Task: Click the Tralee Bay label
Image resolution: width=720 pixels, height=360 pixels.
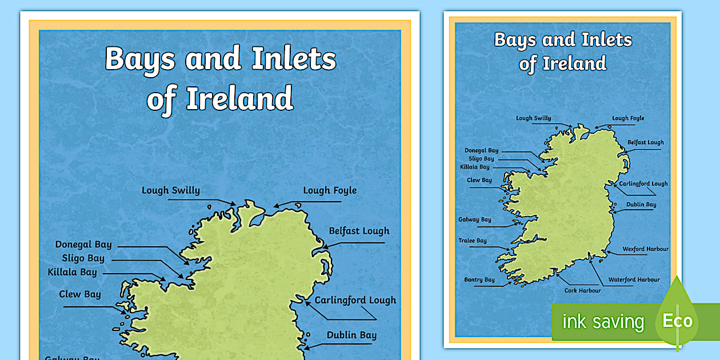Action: tap(473, 241)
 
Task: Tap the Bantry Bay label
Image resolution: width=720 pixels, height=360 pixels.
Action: tap(479, 280)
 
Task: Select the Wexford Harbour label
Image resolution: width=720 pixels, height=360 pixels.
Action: tap(645, 249)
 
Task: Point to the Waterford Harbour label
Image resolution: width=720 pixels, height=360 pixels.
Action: tap(634, 279)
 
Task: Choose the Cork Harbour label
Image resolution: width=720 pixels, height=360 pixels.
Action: tap(582, 290)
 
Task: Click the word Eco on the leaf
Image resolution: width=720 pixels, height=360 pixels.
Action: tap(677, 321)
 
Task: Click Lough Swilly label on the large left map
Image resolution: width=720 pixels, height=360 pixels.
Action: tap(171, 190)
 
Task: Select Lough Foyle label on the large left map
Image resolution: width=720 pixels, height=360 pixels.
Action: tap(330, 190)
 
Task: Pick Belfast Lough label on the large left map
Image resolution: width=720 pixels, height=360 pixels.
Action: tap(359, 231)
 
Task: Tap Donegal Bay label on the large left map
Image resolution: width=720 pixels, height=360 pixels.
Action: tap(83, 245)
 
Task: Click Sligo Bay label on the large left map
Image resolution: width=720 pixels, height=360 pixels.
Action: tap(83, 258)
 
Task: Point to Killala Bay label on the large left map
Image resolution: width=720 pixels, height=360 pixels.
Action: tap(73, 272)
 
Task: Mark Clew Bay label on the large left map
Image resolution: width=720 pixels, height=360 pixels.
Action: tap(80, 294)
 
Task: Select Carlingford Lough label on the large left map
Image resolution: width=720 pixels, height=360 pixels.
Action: tap(355, 300)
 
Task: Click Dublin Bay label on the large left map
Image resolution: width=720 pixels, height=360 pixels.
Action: tap(351, 335)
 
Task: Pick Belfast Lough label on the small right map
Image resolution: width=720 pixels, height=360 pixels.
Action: tap(646, 142)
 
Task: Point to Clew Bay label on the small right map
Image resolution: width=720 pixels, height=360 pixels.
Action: tap(479, 180)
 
